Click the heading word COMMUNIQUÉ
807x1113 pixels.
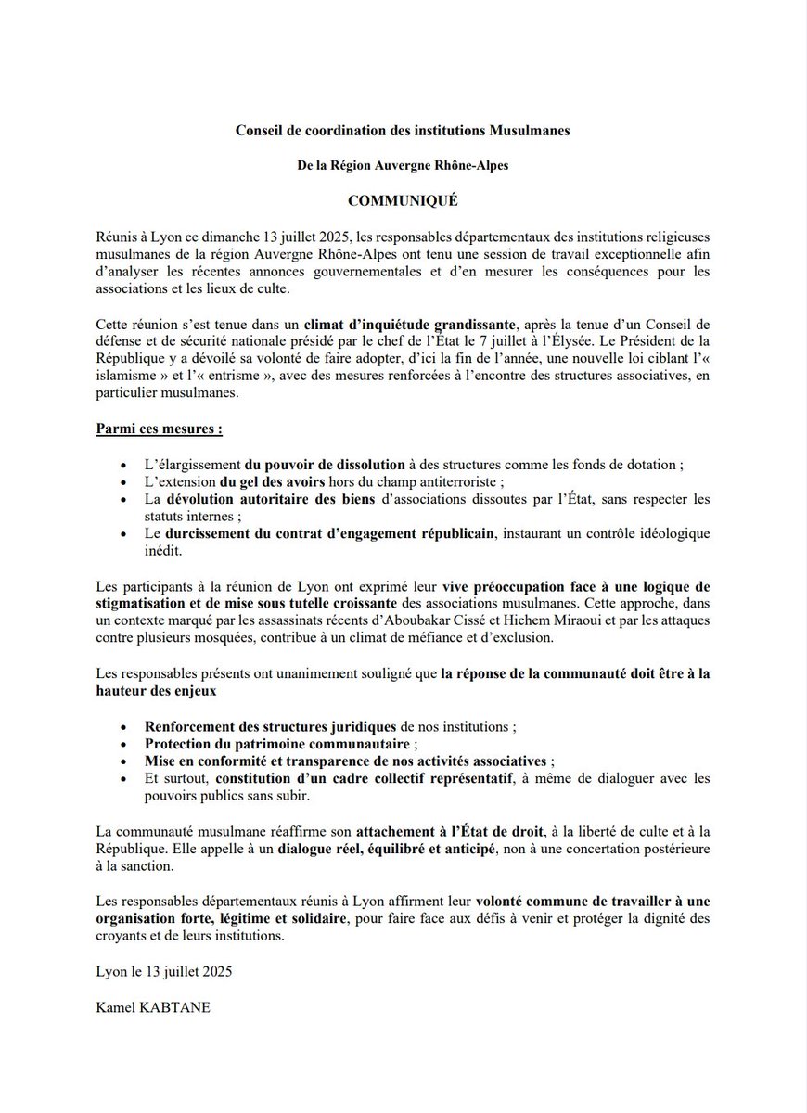coord(403,199)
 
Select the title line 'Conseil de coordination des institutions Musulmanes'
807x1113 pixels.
coord(403,132)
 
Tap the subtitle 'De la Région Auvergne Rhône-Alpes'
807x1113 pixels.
coord(403,166)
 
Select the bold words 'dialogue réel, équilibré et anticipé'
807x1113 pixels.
coord(403,850)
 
